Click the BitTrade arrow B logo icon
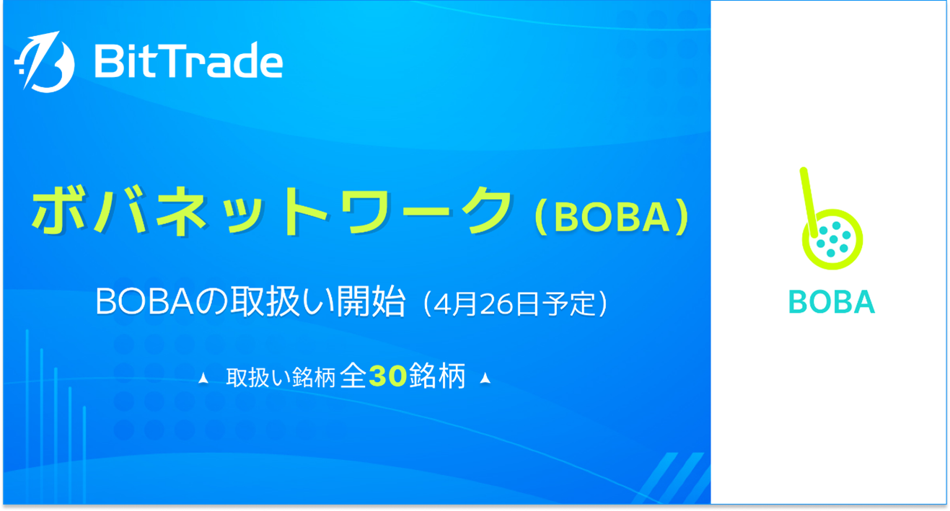pyautogui.click(x=45, y=62)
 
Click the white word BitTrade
pyautogui.click(x=189, y=60)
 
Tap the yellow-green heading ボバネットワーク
pyautogui.click(x=272, y=211)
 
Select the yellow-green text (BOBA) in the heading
pyautogui.click(x=612, y=217)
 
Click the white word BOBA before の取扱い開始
pyautogui.click(x=144, y=302)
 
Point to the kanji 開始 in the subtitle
pyautogui.click(x=371, y=302)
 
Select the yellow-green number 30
pyautogui.click(x=388, y=376)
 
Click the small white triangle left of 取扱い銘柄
pyautogui.click(x=203, y=378)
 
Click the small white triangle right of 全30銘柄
pyautogui.click(x=485, y=378)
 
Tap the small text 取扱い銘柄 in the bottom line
pyautogui.click(x=281, y=378)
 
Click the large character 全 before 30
pyautogui.click(x=353, y=376)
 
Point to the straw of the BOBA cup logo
pyautogui.click(x=809, y=203)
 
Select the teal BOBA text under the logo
pyautogui.click(x=832, y=302)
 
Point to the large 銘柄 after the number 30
pyautogui.click(x=437, y=376)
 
